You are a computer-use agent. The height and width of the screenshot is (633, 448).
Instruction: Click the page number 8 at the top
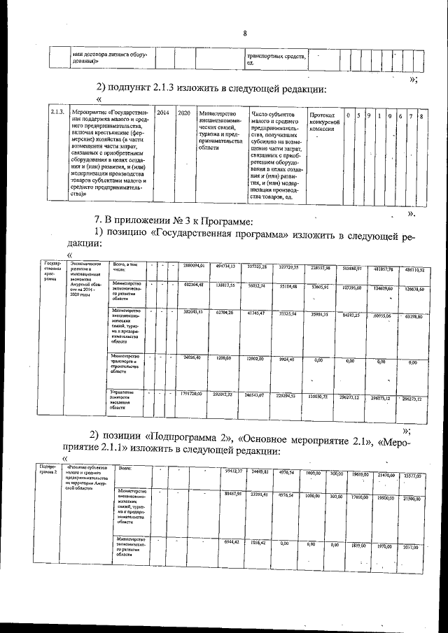(x=245, y=34)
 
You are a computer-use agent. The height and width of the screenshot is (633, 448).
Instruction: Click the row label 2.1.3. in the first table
(x=58, y=113)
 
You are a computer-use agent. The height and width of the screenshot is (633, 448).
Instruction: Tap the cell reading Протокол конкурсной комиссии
(x=324, y=122)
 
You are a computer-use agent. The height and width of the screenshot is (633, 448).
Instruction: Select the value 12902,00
(x=259, y=358)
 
